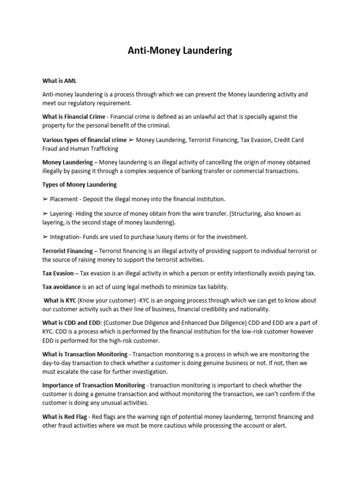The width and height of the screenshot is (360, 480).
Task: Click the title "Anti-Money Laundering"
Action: [x=180, y=51]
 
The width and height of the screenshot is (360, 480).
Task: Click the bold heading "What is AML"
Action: [x=59, y=81]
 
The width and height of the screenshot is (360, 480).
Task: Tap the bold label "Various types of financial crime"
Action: [x=84, y=140]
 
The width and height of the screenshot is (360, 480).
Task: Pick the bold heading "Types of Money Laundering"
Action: [x=79, y=184]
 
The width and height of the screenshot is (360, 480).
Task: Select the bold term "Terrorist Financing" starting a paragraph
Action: [x=67, y=251]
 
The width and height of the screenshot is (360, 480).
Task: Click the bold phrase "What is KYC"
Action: [x=60, y=300]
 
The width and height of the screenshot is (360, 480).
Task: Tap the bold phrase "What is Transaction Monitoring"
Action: [x=85, y=354]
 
